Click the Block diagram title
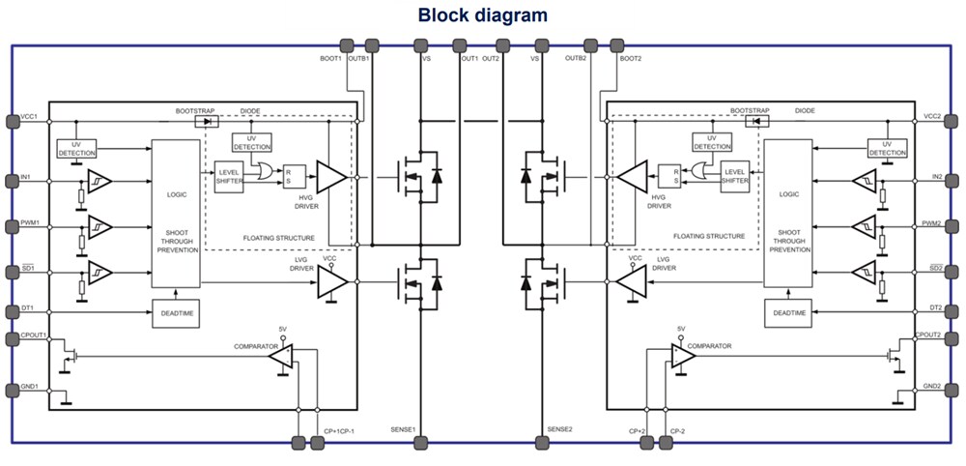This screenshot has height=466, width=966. click(482, 15)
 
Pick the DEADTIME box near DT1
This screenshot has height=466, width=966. click(175, 313)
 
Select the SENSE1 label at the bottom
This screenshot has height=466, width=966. click(404, 429)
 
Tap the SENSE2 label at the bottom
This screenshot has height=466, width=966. click(560, 429)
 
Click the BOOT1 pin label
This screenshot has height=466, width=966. click(331, 59)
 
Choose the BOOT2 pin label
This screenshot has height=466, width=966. click(631, 59)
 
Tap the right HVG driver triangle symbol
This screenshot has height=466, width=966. click(634, 177)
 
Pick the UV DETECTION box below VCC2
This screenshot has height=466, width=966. click(887, 146)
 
